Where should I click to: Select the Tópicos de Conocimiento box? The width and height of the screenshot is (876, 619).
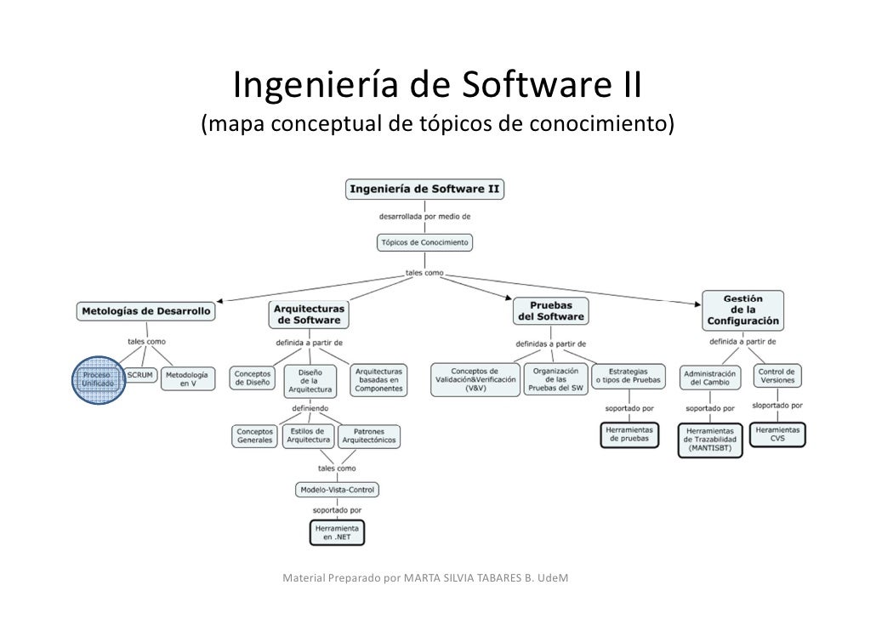click(x=424, y=242)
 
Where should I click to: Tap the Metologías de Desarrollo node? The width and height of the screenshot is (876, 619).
click(x=146, y=311)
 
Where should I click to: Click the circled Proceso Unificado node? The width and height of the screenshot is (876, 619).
click(x=101, y=378)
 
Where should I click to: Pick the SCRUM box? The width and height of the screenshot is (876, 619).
click(x=140, y=374)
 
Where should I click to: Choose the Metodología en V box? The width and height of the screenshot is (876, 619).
click(x=189, y=378)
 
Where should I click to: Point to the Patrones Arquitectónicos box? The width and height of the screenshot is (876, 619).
click(x=369, y=436)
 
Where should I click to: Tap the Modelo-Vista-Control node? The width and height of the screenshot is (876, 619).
click(x=337, y=490)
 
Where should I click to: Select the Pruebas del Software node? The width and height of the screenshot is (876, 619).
click(x=551, y=310)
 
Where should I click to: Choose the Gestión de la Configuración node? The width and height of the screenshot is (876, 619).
click(x=742, y=310)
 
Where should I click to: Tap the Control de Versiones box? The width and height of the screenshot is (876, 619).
click(x=777, y=377)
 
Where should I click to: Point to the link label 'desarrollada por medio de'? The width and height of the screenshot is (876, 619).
click(x=424, y=216)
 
